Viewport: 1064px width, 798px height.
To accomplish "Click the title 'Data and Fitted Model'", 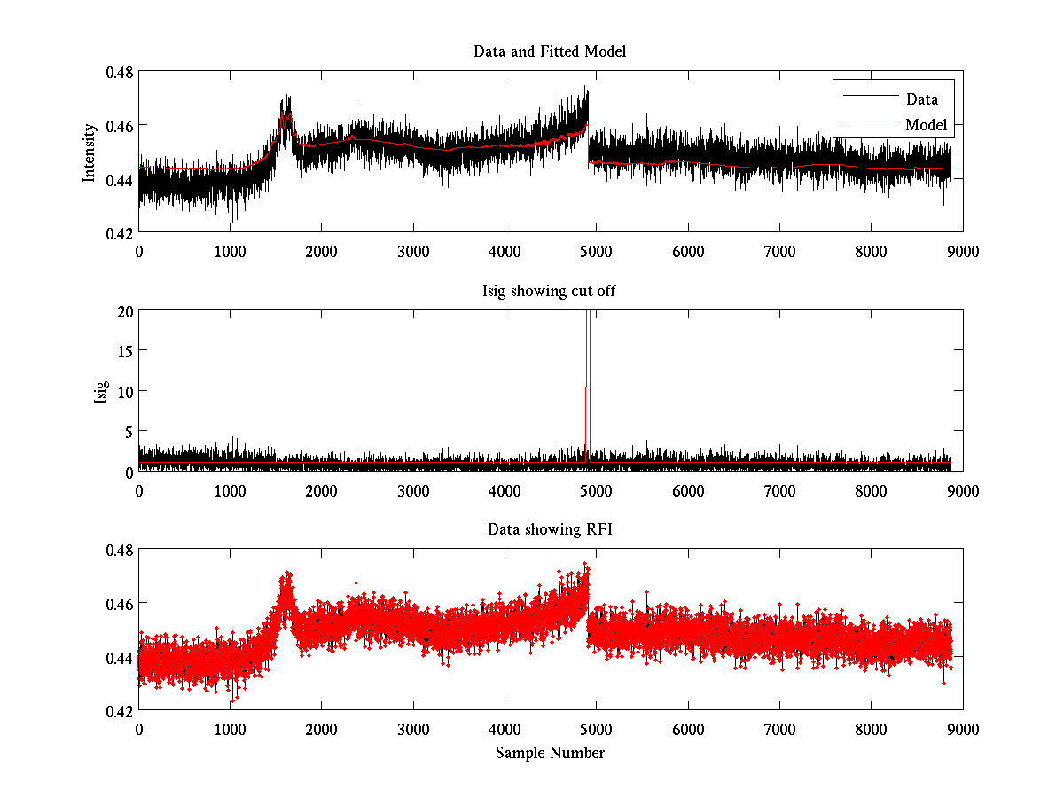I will pyautogui.click(x=550, y=51).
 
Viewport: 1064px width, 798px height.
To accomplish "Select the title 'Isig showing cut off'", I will pyautogui.click(x=550, y=291).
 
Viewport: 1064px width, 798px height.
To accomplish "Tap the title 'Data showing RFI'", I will pyautogui.click(x=550, y=529).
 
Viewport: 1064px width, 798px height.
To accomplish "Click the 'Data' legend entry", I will pyautogui.click(x=921, y=99).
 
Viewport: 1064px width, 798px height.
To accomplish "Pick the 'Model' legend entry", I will pyautogui.click(x=926, y=125).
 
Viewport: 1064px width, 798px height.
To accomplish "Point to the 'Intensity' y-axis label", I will pyautogui.click(x=89, y=153).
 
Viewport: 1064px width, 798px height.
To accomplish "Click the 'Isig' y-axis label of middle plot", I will pyautogui.click(x=100, y=391).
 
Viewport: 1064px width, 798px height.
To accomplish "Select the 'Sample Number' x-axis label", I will pyautogui.click(x=550, y=753).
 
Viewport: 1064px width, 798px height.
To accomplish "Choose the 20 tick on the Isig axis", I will pyautogui.click(x=124, y=311).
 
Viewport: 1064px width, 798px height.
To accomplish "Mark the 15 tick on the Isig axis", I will pyautogui.click(x=124, y=351).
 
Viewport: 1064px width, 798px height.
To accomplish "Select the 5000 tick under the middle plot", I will pyautogui.click(x=596, y=489).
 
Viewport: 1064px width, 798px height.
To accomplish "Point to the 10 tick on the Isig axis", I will pyautogui.click(x=124, y=391).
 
